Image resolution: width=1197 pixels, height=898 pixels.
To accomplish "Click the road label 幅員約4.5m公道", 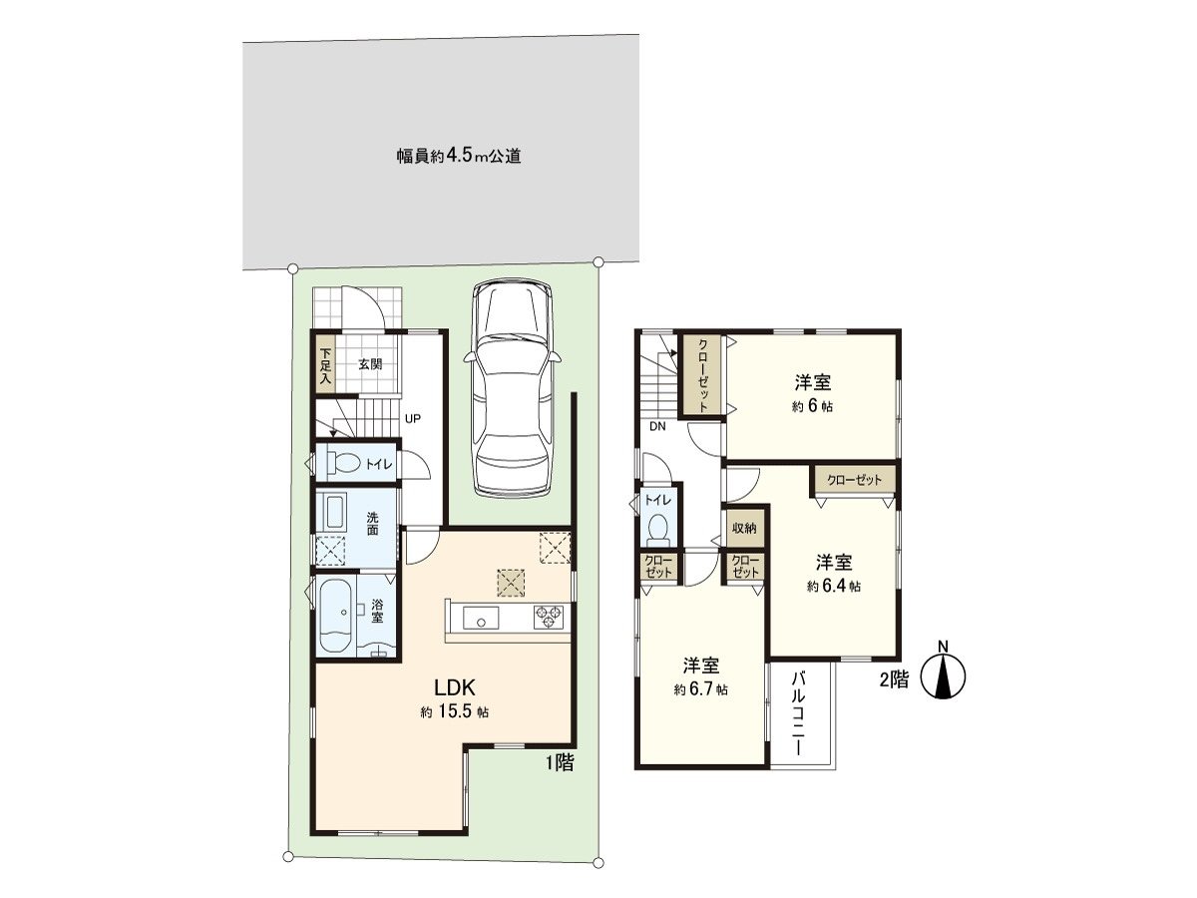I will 458,157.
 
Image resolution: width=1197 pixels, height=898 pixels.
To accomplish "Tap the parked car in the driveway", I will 513,387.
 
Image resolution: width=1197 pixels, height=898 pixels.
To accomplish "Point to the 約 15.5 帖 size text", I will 454,712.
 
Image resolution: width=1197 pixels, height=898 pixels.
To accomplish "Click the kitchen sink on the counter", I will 481,619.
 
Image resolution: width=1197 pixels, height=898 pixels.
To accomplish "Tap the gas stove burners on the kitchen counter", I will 548,618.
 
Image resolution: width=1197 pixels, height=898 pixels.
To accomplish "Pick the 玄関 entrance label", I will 370,364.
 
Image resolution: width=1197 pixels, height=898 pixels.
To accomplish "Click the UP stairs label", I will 409,419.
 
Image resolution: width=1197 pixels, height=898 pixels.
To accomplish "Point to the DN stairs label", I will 657,426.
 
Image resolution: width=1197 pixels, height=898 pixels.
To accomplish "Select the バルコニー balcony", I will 800,713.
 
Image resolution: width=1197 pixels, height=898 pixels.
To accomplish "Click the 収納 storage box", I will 743,527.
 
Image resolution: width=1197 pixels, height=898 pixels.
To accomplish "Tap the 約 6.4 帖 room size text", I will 834,587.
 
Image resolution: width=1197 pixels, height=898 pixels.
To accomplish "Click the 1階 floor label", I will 559,763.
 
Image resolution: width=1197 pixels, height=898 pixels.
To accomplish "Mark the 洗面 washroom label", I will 371,524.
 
